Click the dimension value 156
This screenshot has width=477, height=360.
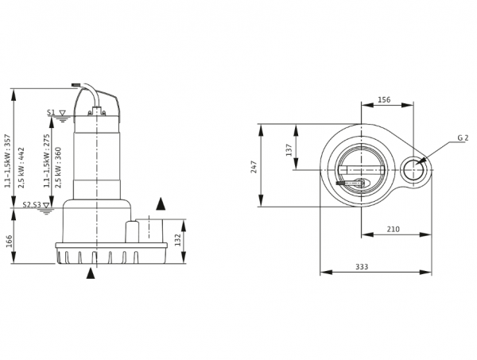coord(384,99)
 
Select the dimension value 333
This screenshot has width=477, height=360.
coord(362,267)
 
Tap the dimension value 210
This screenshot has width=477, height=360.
coord(393,229)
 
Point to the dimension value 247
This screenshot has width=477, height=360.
coord(254,167)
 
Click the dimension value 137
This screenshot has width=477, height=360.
coord(289,150)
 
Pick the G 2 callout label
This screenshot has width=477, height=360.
coord(463,137)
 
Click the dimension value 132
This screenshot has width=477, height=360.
coord(177,239)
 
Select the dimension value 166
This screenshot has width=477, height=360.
coord(9,241)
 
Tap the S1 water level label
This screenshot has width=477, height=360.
coord(51,113)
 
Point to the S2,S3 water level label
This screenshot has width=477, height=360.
coord(32,204)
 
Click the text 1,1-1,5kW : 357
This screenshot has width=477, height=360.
coord(8,161)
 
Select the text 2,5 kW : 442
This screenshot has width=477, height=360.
coord(21,168)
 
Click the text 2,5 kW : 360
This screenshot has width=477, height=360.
coord(58,168)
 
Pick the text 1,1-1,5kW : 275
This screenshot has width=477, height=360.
coord(47,161)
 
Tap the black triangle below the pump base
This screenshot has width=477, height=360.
coord(91,273)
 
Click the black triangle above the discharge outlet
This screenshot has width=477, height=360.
coord(161,204)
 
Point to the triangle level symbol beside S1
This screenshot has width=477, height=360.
coord(62,113)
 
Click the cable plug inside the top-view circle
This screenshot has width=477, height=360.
coord(353,183)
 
